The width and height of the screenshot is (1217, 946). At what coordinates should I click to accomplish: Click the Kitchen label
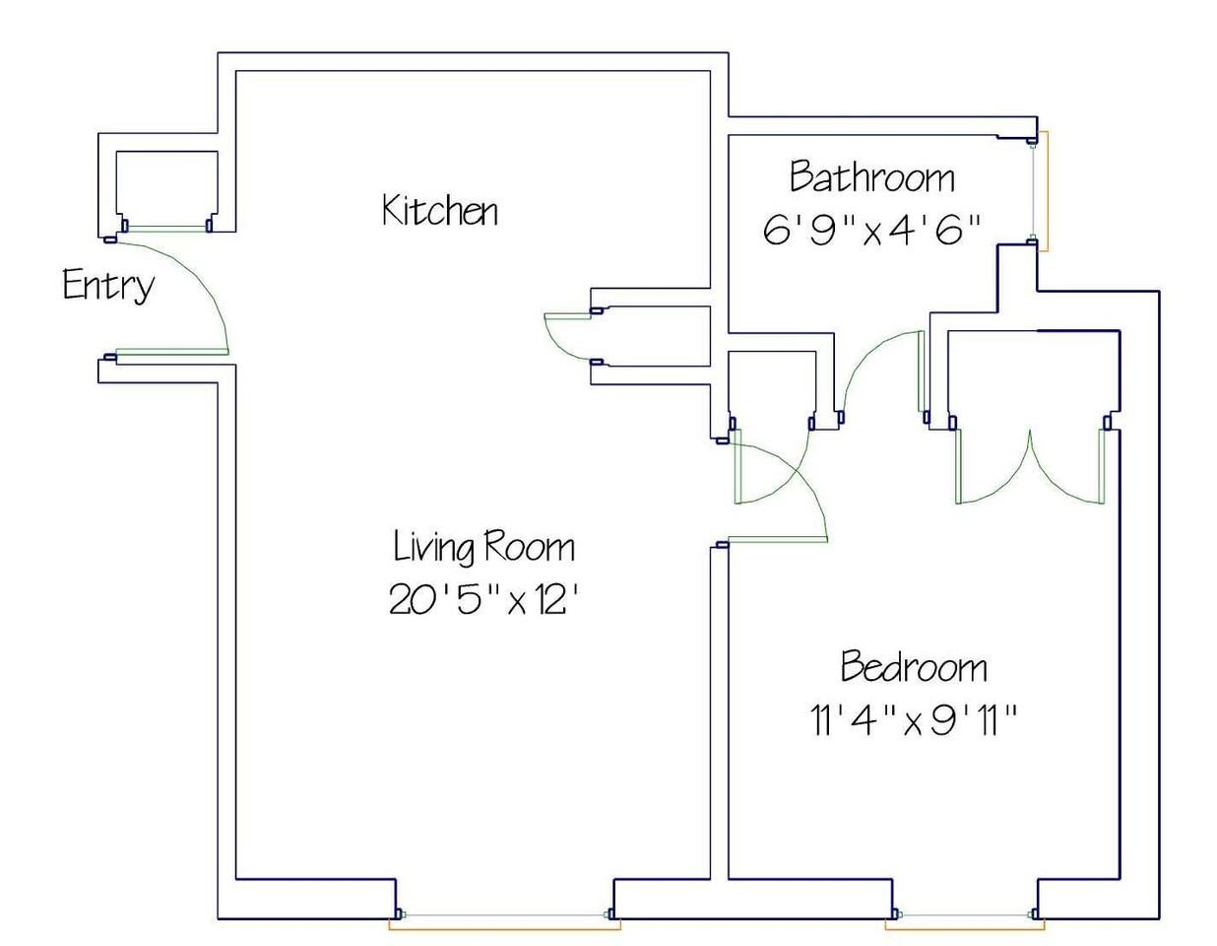pos(440,210)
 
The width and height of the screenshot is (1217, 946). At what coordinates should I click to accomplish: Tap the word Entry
pos(108,285)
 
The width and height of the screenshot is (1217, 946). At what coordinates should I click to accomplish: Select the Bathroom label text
pos(872,177)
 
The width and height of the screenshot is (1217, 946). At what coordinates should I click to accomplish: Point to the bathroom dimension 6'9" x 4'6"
pos(872,230)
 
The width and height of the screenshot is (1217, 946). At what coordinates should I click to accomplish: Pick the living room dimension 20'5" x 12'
pos(482,599)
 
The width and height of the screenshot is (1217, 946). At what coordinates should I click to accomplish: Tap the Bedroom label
pos(914,666)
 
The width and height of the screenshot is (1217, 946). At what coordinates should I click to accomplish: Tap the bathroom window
pos(1039,191)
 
